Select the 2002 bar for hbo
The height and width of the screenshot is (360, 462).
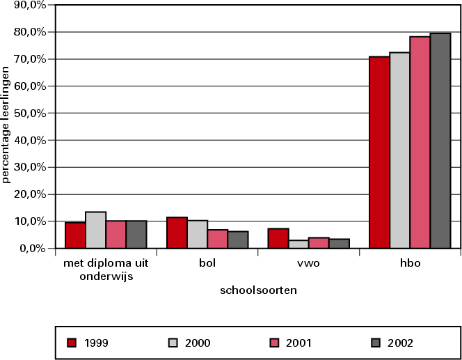point(440,140)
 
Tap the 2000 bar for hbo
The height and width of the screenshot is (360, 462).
point(399,150)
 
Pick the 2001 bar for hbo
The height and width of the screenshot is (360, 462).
point(420,142)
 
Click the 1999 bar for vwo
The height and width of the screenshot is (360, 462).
point(278,238)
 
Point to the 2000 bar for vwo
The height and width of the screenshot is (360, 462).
point(298,244)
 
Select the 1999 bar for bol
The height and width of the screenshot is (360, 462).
point(177,233)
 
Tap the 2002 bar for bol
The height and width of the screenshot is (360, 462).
point(237,240)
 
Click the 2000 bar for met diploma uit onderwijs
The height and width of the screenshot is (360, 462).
point(95,230)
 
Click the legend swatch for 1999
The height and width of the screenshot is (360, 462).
point(71,342)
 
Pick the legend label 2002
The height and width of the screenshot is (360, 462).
point(401,343)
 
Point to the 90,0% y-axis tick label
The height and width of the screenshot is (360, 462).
point(30,5)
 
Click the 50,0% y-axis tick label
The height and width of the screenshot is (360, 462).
point(30,113)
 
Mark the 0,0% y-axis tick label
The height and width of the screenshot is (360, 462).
point(32,248)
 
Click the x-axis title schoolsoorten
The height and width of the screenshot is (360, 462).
point(258,290)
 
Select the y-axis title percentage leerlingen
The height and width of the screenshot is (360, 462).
point(6,124)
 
